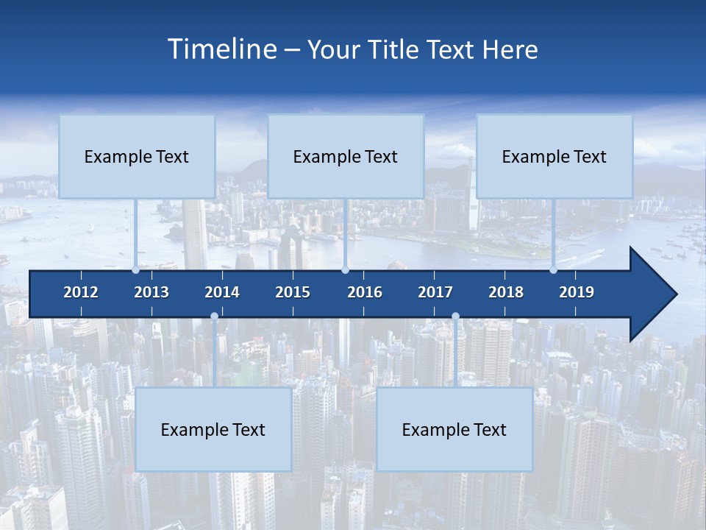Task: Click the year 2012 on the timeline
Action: click(81, 292)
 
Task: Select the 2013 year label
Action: click(151, 292)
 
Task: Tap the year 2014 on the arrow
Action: click(222, 292)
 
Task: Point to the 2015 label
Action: click(293, 292)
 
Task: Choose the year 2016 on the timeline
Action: click(365, 292)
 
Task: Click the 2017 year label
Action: click(435, 292)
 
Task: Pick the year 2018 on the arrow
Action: click(506, 292)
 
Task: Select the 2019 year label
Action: click(577, 292)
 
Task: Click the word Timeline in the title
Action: click(221, 49)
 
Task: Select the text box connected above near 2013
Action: click(137, 156)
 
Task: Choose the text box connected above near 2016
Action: click(346, 156)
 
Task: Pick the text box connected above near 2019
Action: click(555, 156)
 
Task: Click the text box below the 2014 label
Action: click(213, 429)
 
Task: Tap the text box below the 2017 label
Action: click(454, 429)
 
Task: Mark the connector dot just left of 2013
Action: click(136, 269)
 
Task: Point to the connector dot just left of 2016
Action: click(345, 269)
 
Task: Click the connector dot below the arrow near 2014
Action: click(214, 317)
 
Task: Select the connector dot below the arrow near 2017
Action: click(455, 317)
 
